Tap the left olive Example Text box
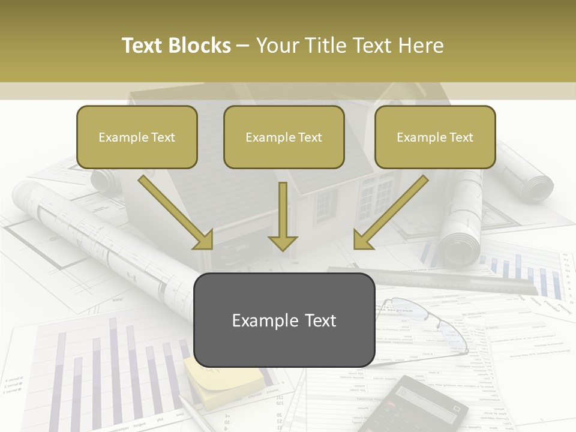click(x=137, y=137)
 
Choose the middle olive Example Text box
click(x=284, y=137)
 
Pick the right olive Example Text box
click(x=435, y=137)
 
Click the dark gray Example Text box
click(x=284, y=320)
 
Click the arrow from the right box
click(x=390, y=213)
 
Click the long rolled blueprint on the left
click(x=108, y=240)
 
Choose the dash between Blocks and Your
click(x=243, y=46)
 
